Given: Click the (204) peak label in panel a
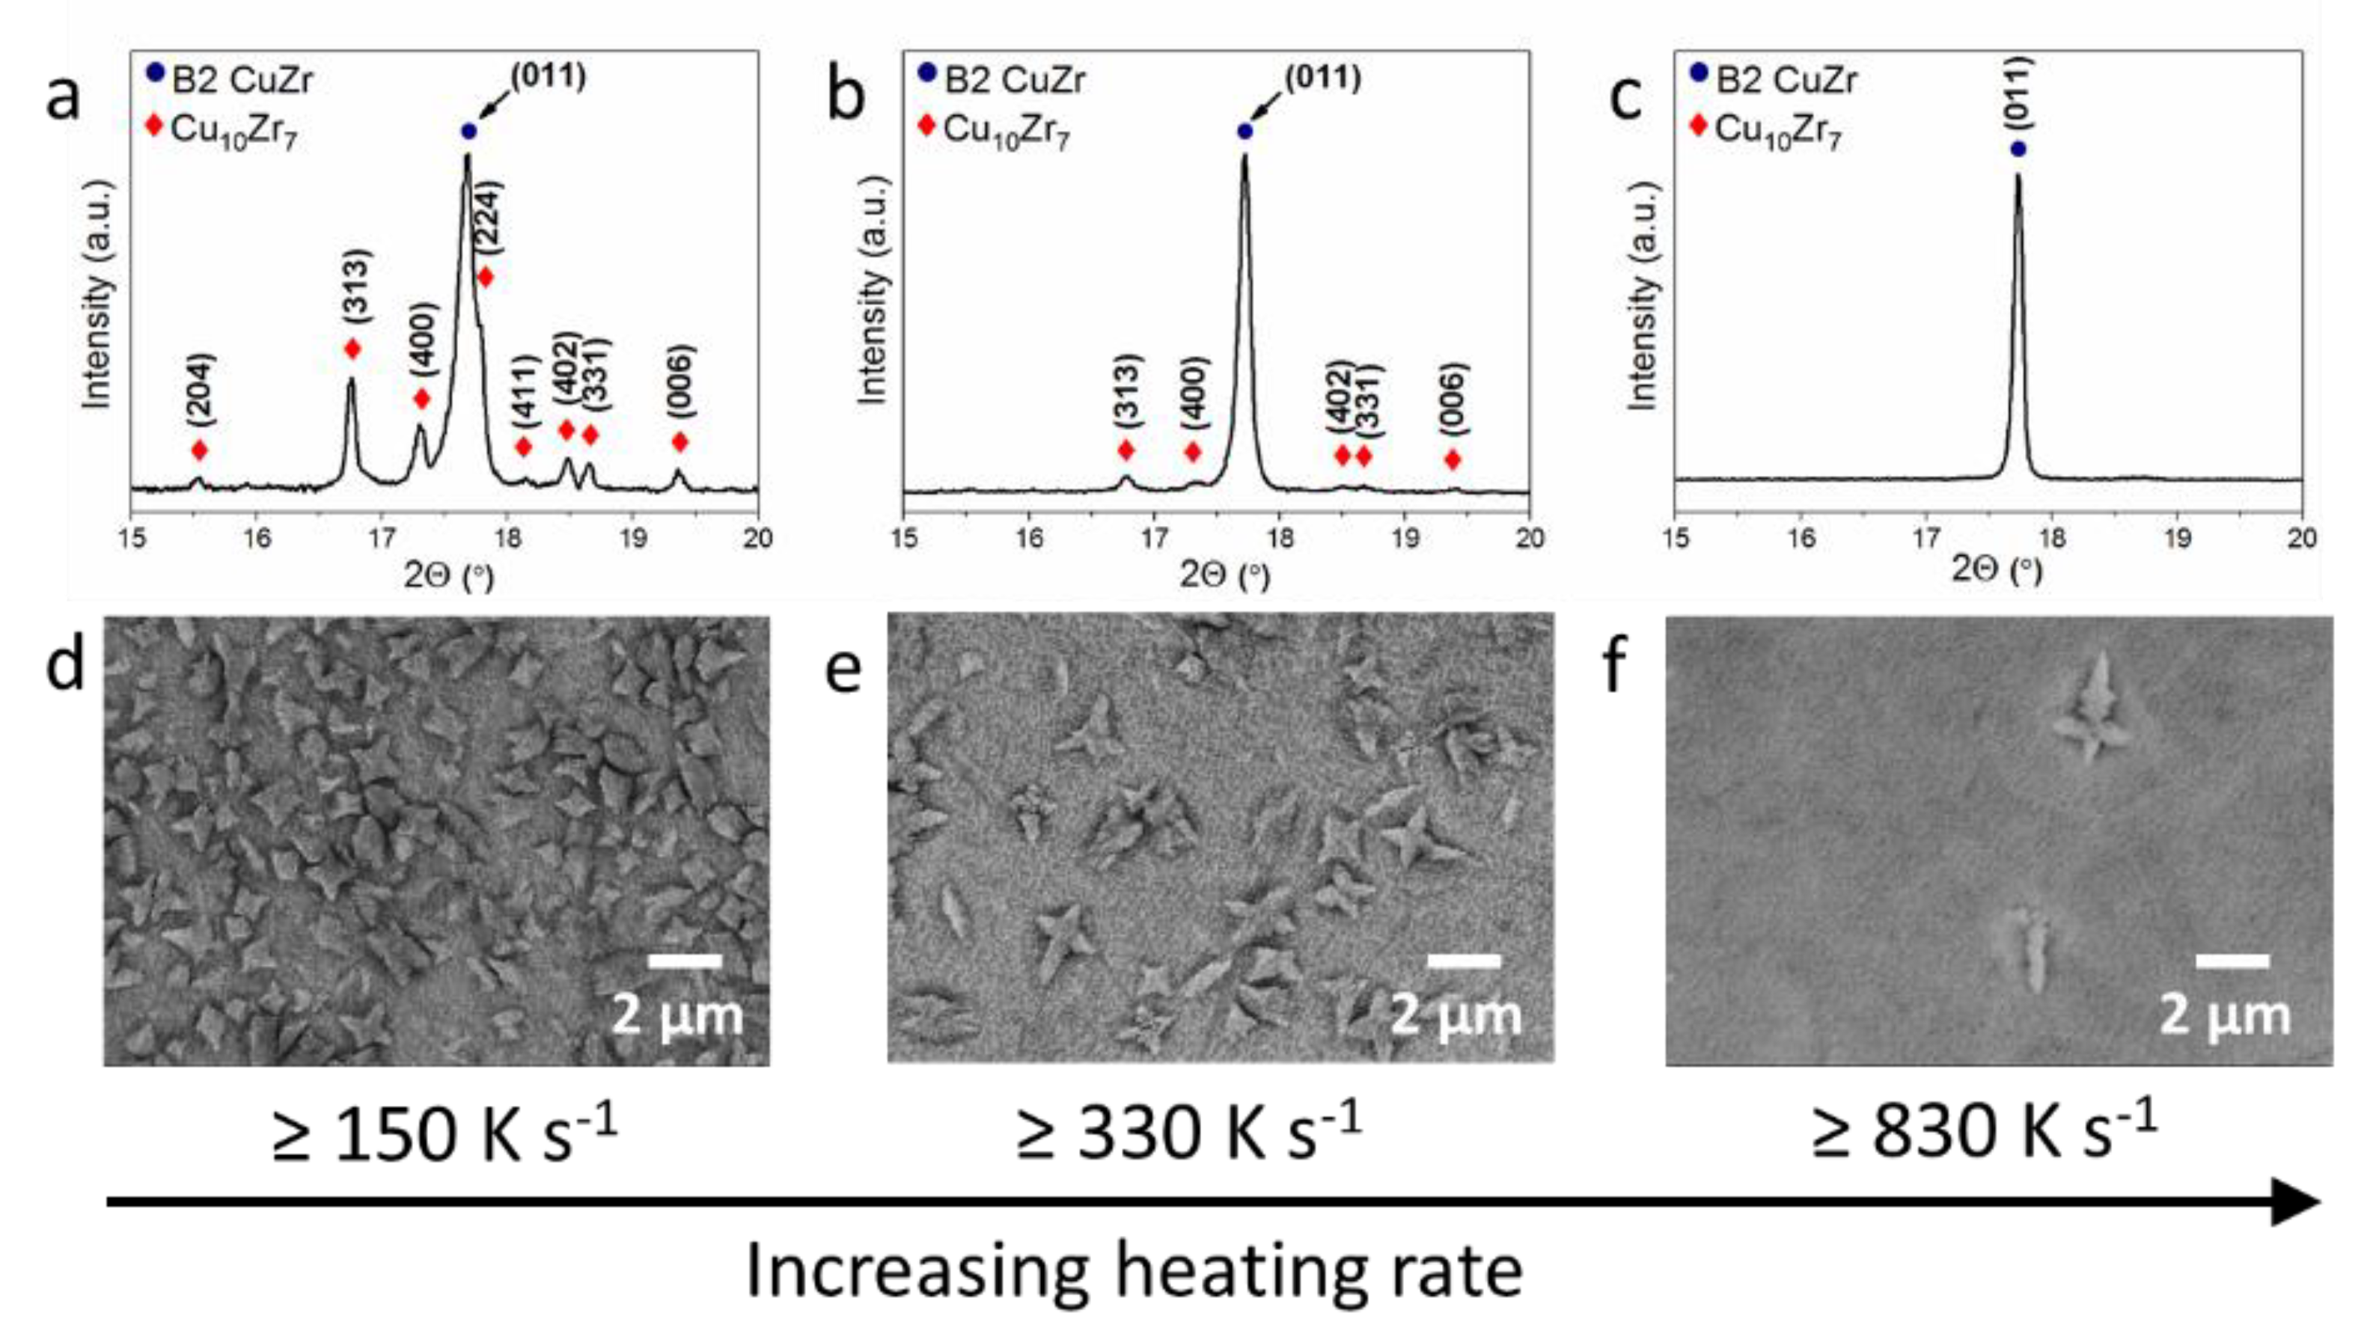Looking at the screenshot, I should pyautogui.click(x=199, y=390).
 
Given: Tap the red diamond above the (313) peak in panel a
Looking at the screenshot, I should pyautogui.click(x=352, y=349).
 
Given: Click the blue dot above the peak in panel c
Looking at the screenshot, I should pyautogui.click(x=2018, y=148).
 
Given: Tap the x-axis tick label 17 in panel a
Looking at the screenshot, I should pyautogui.click(x=382, y=538).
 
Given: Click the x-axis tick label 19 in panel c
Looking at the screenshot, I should pyautogui.click(x=2178, y=538).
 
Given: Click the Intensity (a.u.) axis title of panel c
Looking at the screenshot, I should pyautogui.click(x=1643, y=296).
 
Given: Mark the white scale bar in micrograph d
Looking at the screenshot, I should pyautogui.click(x=685, y=962).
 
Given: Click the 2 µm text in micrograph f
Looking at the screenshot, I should pyautogui.click(x=2226, y=1015).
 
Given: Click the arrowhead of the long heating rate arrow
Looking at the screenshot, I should pyautogui.click(x=2297, y=1201).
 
